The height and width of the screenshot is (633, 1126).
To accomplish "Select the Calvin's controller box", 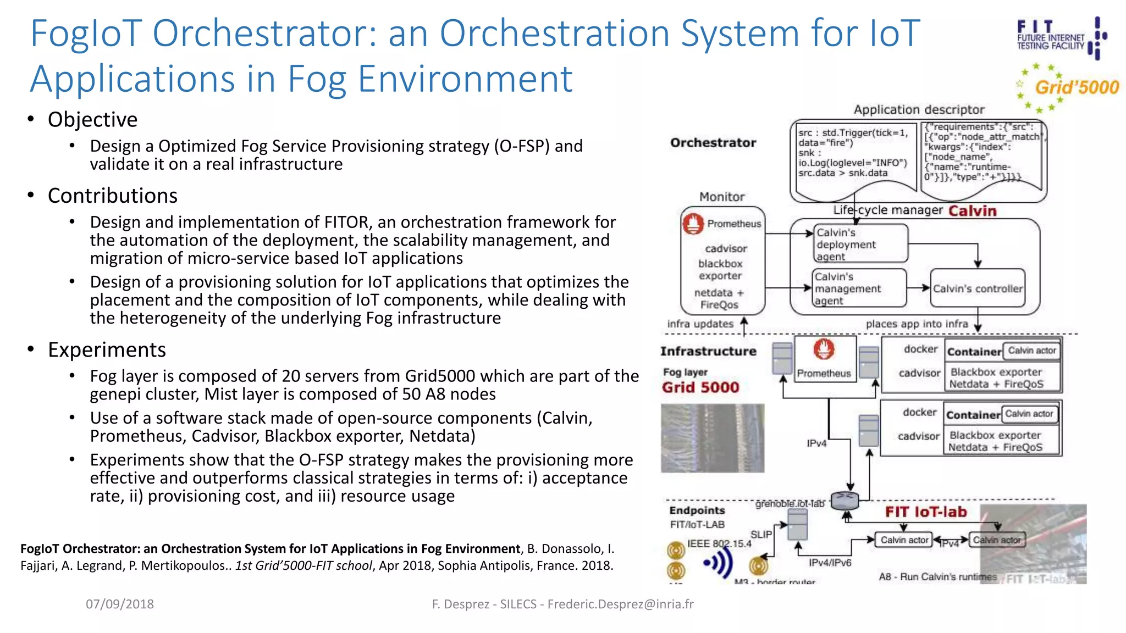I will click(x=978, y=288).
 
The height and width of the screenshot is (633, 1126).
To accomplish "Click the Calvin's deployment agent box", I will click(x=860, y=244).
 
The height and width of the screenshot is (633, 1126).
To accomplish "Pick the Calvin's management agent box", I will click(x=859, y=288).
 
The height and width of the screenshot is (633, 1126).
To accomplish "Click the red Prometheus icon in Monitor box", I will click(x=693, y=224).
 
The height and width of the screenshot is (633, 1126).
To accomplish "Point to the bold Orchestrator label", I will click(x=713, y=143).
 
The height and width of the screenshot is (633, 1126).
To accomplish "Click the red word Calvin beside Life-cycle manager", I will click(x=972, y=211).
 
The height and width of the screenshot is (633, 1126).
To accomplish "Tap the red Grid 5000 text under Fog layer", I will click(x=700, y=387).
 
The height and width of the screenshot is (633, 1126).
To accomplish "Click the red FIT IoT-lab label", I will click(x=925, y=512).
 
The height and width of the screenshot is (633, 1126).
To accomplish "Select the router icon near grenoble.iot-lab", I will click(x=844, y=500).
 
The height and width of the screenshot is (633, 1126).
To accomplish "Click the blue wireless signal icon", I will click(x=719, y=563).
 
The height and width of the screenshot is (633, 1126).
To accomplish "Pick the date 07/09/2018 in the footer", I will click(x=119, y=604).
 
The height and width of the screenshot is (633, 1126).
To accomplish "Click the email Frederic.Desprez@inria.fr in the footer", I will click(x=620, y=604).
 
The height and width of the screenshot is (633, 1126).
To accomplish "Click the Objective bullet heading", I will click(x=92, y=120).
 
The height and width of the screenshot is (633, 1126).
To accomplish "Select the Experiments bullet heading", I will click(x=107, y=350).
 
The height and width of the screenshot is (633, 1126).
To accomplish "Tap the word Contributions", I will click(x=112, y=196).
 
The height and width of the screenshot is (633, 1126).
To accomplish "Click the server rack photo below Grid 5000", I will click(x=712, y=438).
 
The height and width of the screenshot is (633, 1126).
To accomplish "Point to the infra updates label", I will click(x=700, y=324).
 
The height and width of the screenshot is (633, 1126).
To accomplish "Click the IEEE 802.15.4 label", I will click(x=719, y=543).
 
